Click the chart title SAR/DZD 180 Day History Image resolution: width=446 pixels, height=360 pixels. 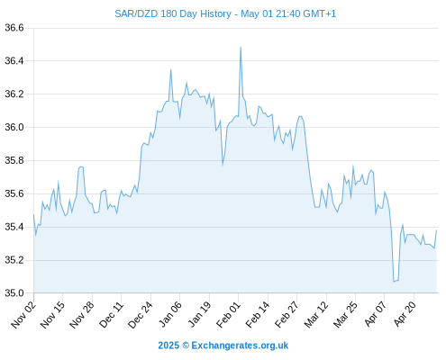[173, 13]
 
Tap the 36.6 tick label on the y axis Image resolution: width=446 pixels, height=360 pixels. [14, 28]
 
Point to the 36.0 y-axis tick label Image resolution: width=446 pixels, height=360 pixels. [14, 127]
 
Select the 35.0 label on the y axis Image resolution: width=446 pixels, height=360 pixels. [14, 293]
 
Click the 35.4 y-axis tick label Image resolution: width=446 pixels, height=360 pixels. [14, 227]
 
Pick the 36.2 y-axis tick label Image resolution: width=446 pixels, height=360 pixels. [14, 94]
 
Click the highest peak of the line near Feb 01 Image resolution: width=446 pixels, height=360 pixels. [241, 48]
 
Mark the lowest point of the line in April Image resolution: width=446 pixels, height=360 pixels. [394, 282]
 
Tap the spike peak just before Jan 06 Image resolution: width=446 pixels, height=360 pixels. [171, 70]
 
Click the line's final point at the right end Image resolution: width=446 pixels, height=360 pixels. [436, 230]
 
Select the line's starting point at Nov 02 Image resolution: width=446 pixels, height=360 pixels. [33, 214]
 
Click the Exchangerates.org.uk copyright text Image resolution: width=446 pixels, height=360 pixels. [223, 346]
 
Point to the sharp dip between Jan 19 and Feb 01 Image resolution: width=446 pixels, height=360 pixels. [223, 165]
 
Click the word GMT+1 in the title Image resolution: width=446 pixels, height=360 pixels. [320, 13]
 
